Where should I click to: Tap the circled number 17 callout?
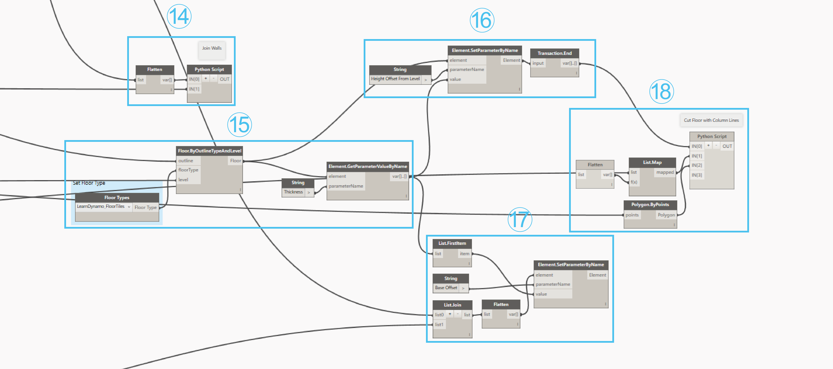520,219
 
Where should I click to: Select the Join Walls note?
212,48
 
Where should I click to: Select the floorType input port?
188,170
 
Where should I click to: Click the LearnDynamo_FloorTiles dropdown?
103,206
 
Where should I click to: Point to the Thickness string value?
293,192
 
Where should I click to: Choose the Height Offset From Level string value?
395,79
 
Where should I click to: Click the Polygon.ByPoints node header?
650,205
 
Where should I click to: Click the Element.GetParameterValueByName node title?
368,166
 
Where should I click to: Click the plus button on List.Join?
450,314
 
